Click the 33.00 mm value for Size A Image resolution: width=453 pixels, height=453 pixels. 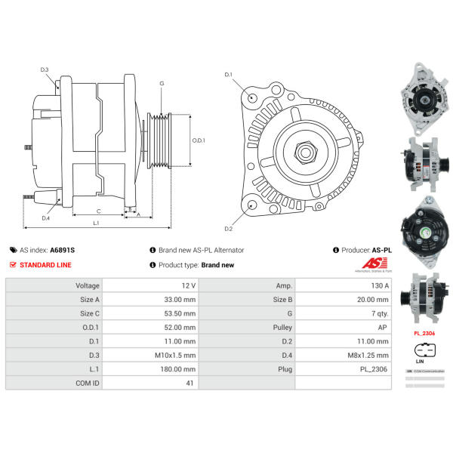tap(179, 300)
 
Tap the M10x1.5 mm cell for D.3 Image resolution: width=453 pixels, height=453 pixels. tap(179, 355)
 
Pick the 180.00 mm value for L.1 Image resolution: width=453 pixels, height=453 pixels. tap(179, 368)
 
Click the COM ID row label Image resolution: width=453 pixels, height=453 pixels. tap(87, 383)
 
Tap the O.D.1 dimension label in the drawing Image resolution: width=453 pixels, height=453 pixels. tap(198, 140)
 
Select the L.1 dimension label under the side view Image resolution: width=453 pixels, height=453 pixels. tap(97, 223)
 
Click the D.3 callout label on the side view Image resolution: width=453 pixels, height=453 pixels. tap(45, 70)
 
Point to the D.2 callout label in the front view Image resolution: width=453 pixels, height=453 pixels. tap(228, 228)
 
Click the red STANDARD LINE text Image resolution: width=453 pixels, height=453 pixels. tap(46, 265)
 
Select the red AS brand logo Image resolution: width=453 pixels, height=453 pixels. tap(372, 263)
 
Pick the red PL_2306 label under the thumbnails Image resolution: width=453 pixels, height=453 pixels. tap(424, 332)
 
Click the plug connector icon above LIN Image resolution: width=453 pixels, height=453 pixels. tap(424, 350)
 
